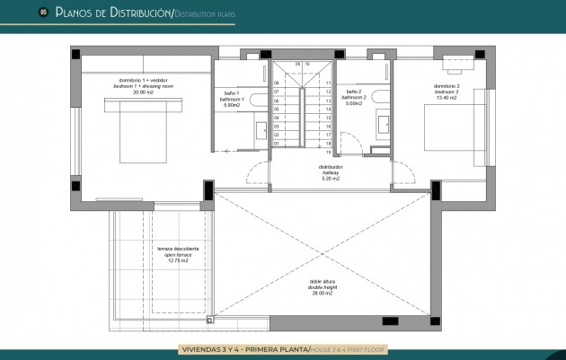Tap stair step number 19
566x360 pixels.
coord(330,152)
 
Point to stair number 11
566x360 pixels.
coord(330,83)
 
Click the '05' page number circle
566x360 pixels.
coord(42,13)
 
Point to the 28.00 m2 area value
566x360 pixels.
coord(322,294)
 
